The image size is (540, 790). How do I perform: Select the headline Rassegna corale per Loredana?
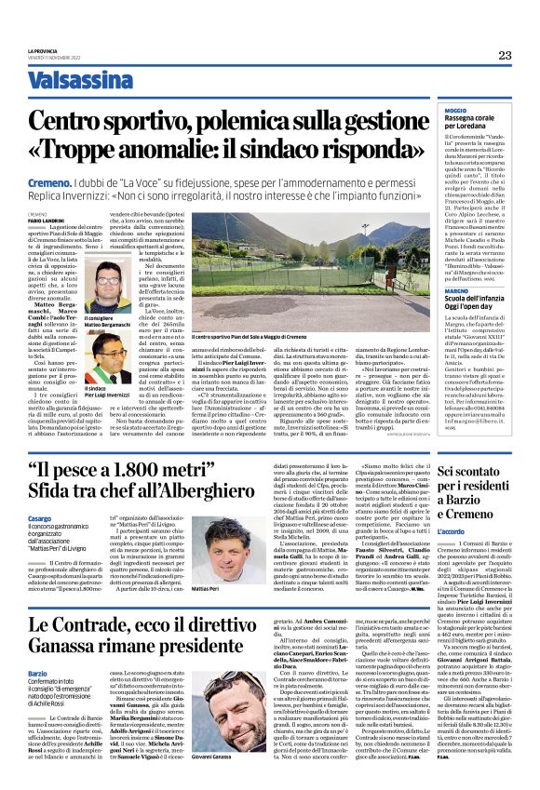click(x=472, y=127)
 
